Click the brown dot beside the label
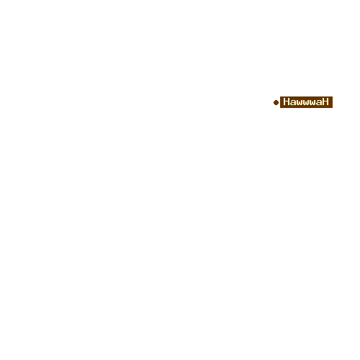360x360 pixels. point(276,102)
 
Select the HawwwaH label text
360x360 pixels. point(306,102)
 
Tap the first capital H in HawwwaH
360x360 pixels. point(287,102)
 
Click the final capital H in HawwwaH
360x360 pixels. point(325,102)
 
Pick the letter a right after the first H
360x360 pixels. point(294,103)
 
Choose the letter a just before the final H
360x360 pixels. point(318,103)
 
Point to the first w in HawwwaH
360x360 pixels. point(300,103)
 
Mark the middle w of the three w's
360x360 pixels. point(306,103)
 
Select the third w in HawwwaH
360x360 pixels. point(312,103)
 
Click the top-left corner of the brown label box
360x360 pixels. point(280,96)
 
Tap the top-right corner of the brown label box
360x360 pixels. point(333,96)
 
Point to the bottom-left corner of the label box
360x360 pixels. point(280,108)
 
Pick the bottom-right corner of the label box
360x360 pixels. point(333,108)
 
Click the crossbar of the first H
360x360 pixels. point(287,102)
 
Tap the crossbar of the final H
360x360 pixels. point(325,102)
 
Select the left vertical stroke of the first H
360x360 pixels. point(284,102)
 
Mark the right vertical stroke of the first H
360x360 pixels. point(289,102)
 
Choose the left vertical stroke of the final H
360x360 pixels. point(323,102)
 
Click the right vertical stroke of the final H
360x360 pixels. point(328,102)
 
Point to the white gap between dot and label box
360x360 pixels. point(279,102)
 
